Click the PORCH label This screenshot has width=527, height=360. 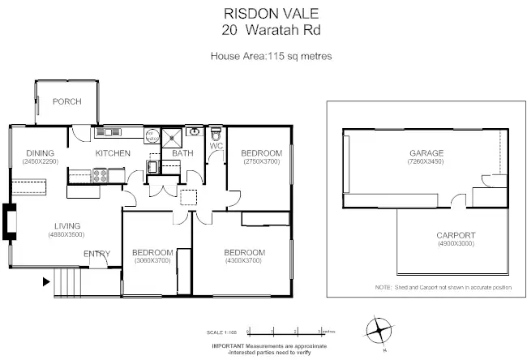(x=66, y=102)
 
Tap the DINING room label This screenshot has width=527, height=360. (x=40, y=153)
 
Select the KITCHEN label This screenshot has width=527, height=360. (x=113, y=153)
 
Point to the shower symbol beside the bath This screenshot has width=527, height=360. (x=171, y=135)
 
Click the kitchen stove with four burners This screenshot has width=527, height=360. (x=101, y=174)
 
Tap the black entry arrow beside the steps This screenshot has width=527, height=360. (x=45, y=283)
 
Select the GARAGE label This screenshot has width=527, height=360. (x=425, y=153)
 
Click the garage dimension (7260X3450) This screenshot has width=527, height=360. (x=425, y=162)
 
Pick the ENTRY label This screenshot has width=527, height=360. (x=97, y=254)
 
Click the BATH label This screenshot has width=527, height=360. (x=182, y=153)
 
